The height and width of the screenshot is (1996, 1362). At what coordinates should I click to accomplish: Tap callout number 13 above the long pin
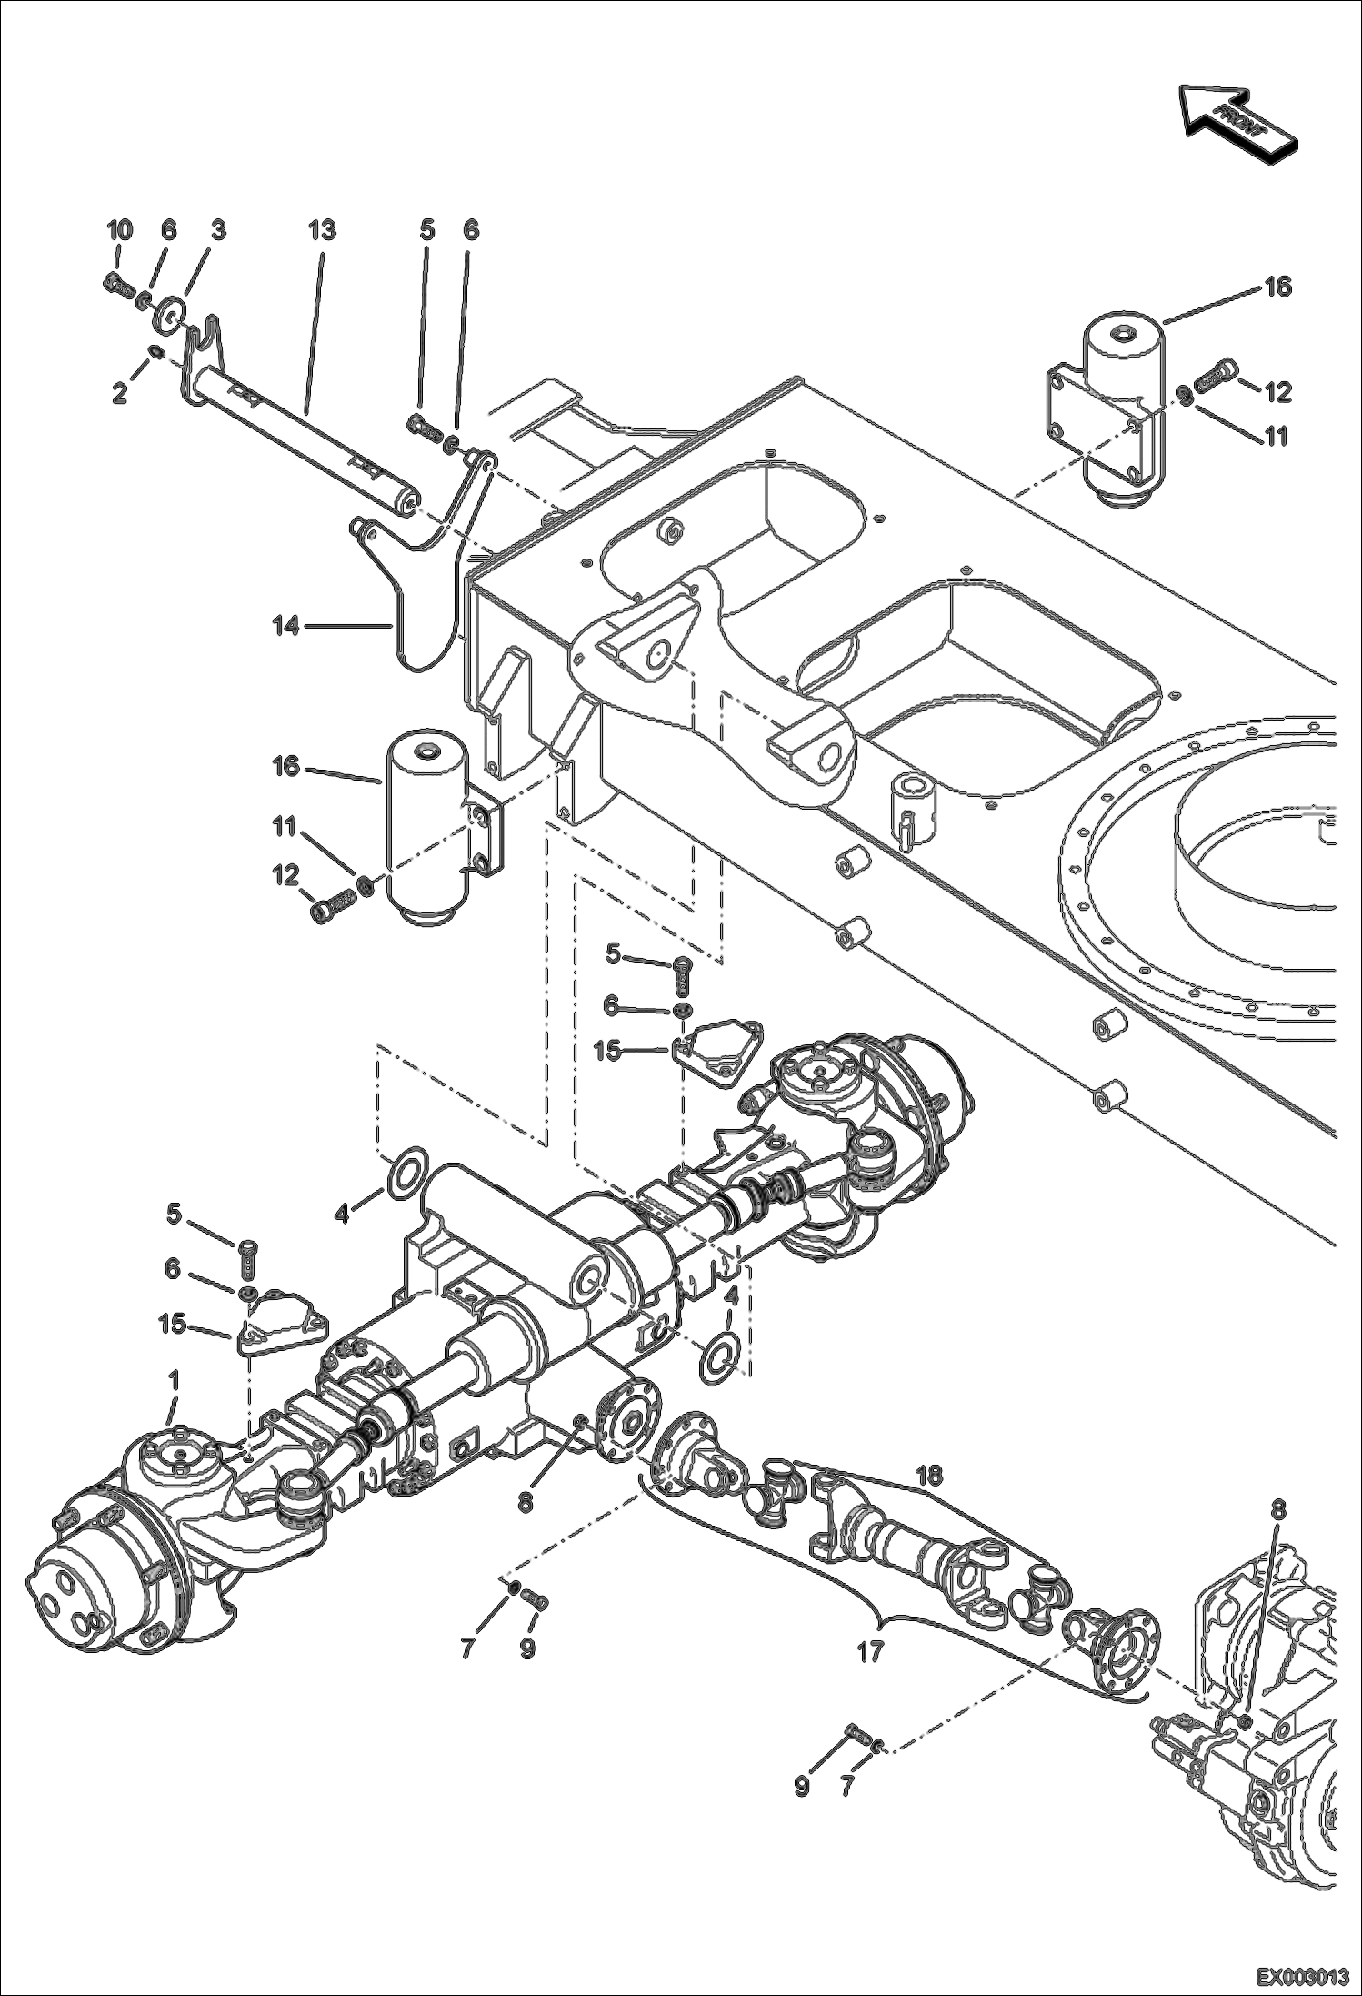(322, 230)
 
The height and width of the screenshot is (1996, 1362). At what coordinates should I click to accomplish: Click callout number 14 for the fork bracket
(287, 626)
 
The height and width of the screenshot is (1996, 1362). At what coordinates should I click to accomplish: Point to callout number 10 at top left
(120, 230)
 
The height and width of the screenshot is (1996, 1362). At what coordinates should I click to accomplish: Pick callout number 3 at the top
(218, 230)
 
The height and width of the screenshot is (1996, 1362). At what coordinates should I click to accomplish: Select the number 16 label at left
(286, 767)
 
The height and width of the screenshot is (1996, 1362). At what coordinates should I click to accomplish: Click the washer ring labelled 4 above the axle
(406, 1174)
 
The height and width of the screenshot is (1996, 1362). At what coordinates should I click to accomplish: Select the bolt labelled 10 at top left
(118, 283)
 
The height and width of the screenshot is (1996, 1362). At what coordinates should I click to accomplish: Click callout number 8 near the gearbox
(1278, 1509)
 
